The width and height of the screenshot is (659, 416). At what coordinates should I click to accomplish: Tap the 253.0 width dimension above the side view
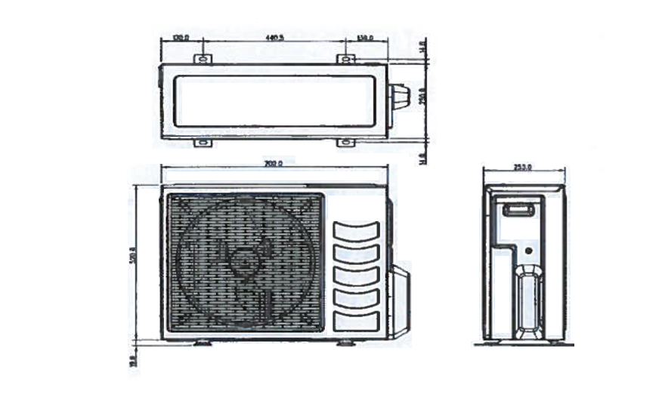pyautogui.click(x=523, y=167)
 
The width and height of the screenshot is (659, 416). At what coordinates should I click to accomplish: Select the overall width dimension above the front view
pyautogui.click(x=274, y=163)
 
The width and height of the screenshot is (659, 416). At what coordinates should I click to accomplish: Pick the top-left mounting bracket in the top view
pyautogui.click(x=203, y=58)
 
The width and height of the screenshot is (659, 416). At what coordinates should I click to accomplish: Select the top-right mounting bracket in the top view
pyautogui.click(x=345, y=58)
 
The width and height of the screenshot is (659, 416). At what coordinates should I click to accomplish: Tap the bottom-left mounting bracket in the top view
pyautogui.click(x=203, y=142)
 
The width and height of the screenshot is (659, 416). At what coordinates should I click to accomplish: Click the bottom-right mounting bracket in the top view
pyautogui.click(x=345, y=142)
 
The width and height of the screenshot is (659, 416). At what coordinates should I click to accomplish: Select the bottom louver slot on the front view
pyautogui.click(x=356, y=319)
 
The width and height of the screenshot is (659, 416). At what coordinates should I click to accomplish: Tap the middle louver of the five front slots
pyautogui.click(x=356, y=276)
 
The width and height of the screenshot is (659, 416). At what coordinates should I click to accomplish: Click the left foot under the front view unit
pyautogui.click(x=203, y=343)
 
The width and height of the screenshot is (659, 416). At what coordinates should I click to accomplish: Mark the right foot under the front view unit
pyautogui.click(x=345, y=343)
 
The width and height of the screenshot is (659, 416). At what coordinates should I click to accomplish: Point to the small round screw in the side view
pyautogui.click(x=528, y=249)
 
